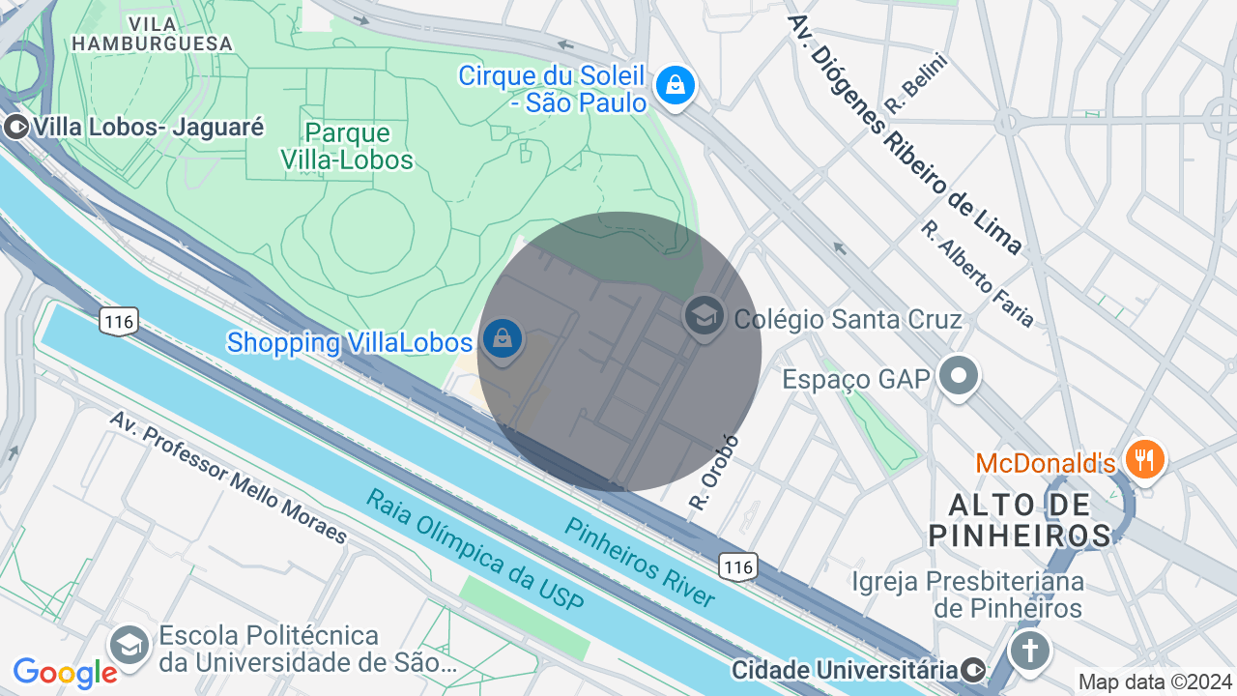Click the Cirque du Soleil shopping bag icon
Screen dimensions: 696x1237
coord(676,85)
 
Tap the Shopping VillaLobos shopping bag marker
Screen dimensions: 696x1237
coord(503,339)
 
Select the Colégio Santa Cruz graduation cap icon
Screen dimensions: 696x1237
coord(705,316)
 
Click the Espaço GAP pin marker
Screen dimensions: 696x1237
coord(959,377)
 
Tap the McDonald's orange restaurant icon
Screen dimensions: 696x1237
coord(1144,459)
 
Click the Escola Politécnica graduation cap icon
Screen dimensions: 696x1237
coord(129,645)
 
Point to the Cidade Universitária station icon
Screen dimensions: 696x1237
coord(974,669)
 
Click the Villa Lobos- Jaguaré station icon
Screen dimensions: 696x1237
coord(15,127)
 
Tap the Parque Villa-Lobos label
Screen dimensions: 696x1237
coord(347,146)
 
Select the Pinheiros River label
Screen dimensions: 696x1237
coord(640,563)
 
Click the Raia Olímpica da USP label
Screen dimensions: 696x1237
coord(475,549)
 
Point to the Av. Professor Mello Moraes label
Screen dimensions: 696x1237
coord(227,477)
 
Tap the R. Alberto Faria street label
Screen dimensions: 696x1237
coord(977,274)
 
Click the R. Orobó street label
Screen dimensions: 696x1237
coord(714,473)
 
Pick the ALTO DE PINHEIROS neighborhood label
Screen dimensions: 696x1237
coord(1020,519)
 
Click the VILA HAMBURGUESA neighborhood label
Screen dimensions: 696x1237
coord(152,33)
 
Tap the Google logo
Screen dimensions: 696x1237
coord(66,673)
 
